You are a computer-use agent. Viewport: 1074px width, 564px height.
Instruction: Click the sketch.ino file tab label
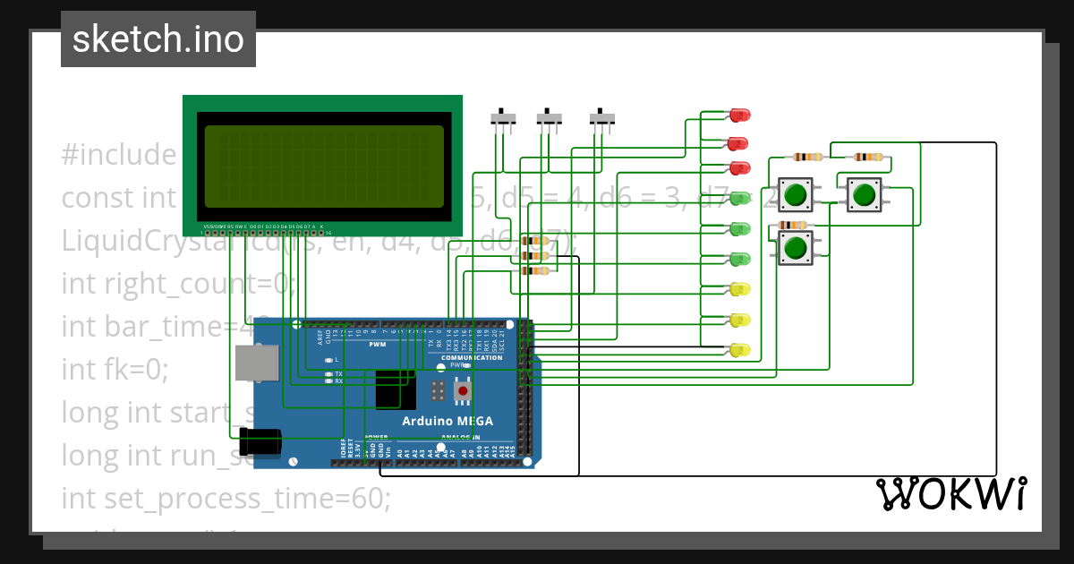pyautogui.click(x=158, y=39)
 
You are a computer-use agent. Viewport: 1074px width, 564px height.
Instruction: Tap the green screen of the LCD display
pyautogui.click(x=323, y=167)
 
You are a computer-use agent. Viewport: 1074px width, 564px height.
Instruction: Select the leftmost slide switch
pyautogui.click(x=504, y=119)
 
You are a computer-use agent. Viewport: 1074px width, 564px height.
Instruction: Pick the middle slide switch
pyautogui.click(x=549, y=119)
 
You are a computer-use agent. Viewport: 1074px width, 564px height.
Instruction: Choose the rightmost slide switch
pyautogui.click(x=603, y=119)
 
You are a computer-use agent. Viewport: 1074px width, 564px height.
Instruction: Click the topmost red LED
pyautogui.click(x=739, y=115)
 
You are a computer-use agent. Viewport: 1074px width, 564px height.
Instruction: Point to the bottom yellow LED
pyautogui.click(x=739, y=350)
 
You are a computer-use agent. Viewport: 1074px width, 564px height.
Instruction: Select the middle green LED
pyautogui.click(x=739, y=229)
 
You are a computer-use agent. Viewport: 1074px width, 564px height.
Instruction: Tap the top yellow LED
pyautogui.click(x=739, y=289)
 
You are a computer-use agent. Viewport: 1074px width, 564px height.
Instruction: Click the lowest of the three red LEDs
pyautogui.click(x=739, y=168)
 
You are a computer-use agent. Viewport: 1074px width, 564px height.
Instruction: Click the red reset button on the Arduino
pyautogui.click(x=463, y=390)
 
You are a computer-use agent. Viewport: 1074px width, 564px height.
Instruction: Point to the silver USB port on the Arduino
pyautogui.click(x=254, y=363)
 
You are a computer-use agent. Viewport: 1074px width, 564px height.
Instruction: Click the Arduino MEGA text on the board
pyautogui.click(x=447, y=421)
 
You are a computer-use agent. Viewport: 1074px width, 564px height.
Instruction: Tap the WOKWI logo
pyautogui.click(x=950, y=493)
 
